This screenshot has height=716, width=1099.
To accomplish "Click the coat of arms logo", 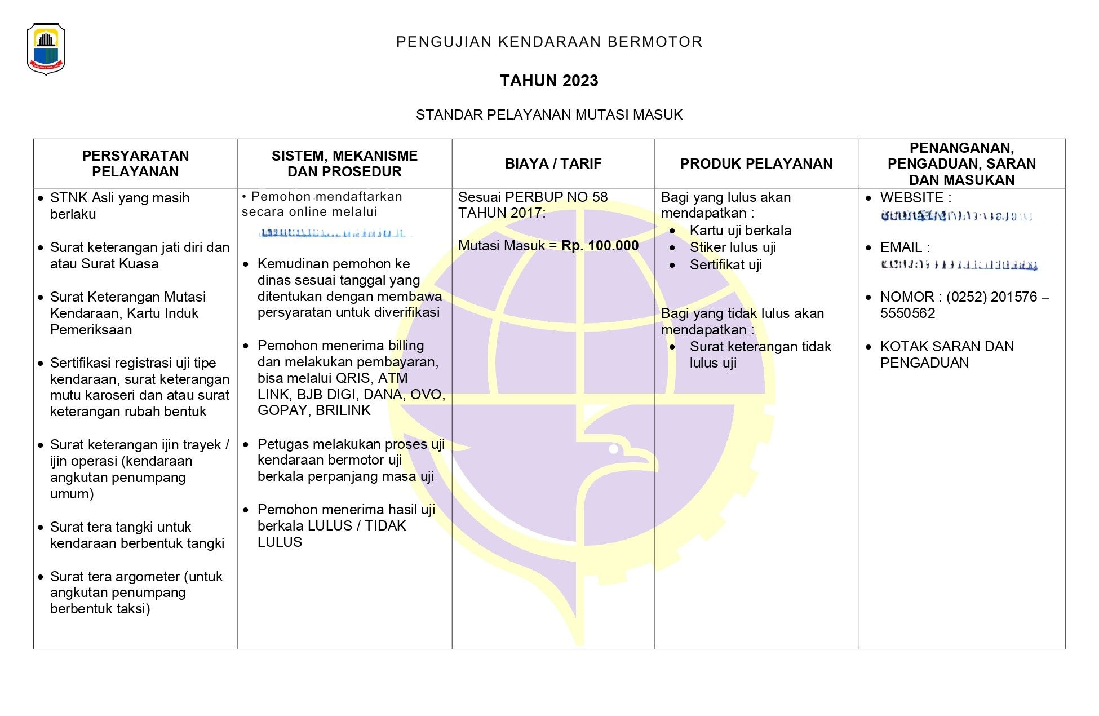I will click(46, 49).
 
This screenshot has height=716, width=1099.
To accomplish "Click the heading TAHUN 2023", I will click(549, 81).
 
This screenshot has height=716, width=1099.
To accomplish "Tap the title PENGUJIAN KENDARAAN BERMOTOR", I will click(549, 42).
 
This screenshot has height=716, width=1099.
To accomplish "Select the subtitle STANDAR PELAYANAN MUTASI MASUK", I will click(549, 115).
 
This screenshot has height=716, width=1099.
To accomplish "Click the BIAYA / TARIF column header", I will click(553, 164).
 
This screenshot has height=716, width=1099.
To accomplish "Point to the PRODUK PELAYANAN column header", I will click(756, 164).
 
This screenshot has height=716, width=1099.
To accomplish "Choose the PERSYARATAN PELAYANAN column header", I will click(135, 163).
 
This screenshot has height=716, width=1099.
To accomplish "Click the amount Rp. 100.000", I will click(600, 246).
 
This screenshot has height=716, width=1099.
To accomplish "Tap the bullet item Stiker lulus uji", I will click(733, 247).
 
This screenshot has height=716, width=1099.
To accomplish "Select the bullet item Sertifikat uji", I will click(725, 265).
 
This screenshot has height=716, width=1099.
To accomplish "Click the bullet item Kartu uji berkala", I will click(740, 231).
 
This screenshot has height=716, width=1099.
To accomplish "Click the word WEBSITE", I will click(911, 198).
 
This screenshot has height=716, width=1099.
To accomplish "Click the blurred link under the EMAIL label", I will click(958, 265).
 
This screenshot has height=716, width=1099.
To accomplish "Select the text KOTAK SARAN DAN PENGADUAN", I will click(947, 355).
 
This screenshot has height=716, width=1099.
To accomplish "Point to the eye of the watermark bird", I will click(614, 449).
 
